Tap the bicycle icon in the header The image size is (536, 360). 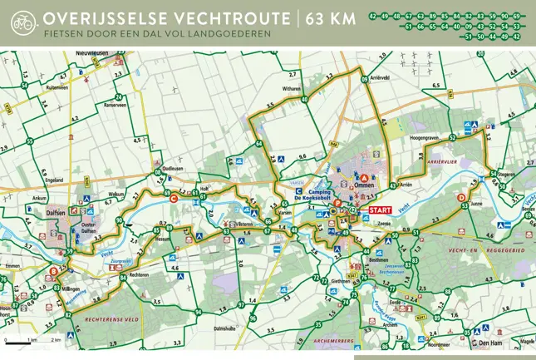point(22,23)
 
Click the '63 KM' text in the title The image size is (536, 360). point(332,18)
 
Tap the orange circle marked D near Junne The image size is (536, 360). point(461,197)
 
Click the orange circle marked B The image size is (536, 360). point(54,271)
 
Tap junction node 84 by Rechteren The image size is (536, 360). point(124,277)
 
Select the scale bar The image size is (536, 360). point(33,341)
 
